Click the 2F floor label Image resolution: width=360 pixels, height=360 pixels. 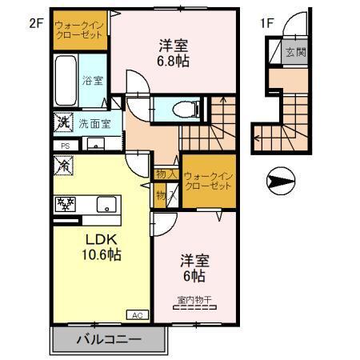click(34, 23)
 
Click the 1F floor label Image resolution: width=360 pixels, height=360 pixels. click(267, 23)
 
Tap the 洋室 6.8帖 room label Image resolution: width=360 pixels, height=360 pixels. click(173, 53)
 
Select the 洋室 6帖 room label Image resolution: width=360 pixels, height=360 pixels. click(192, 267)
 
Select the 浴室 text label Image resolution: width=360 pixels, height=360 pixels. click(92, 80)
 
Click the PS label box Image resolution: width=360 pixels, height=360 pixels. click(65, 145)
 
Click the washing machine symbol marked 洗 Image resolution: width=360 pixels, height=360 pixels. click(62, 124)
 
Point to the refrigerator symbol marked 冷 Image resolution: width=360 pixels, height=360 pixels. click(62, 164)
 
